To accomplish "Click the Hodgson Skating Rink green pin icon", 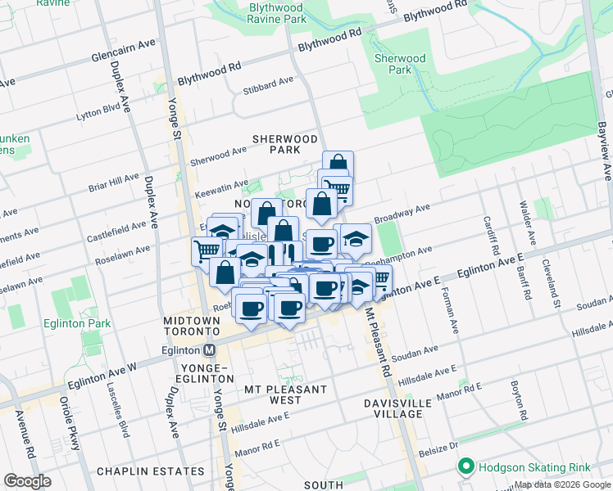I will (x=466, y=467).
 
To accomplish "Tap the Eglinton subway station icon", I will (x=210, y=349).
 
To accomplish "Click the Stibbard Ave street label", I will (x=267, y=82).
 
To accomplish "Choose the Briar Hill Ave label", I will (x=114, y=182).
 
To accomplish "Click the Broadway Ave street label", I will (x=402, y=214).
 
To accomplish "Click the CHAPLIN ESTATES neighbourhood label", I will (x=151, y=471).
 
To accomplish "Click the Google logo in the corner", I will (x=27, y=481).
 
